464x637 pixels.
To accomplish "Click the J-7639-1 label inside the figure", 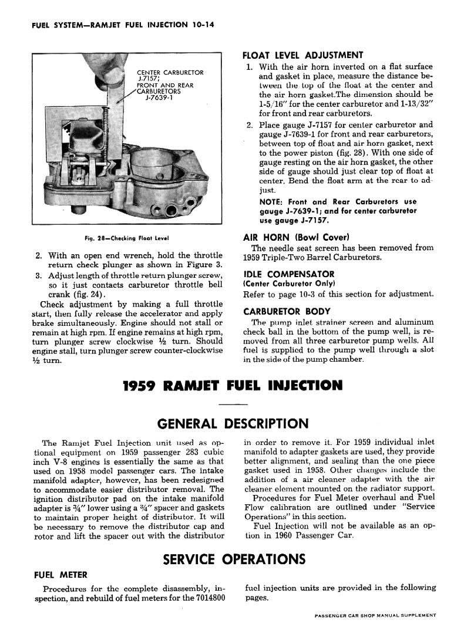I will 158,99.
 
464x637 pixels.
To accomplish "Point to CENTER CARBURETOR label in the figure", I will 170,73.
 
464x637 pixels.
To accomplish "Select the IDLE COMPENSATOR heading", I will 288,274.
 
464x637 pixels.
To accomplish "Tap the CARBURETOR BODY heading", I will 287,311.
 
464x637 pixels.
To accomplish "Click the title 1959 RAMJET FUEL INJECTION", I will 233,386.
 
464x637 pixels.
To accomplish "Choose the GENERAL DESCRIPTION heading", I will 233,423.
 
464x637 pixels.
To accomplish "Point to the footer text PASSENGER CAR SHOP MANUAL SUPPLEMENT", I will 375,616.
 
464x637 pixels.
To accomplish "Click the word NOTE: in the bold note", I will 272,201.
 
